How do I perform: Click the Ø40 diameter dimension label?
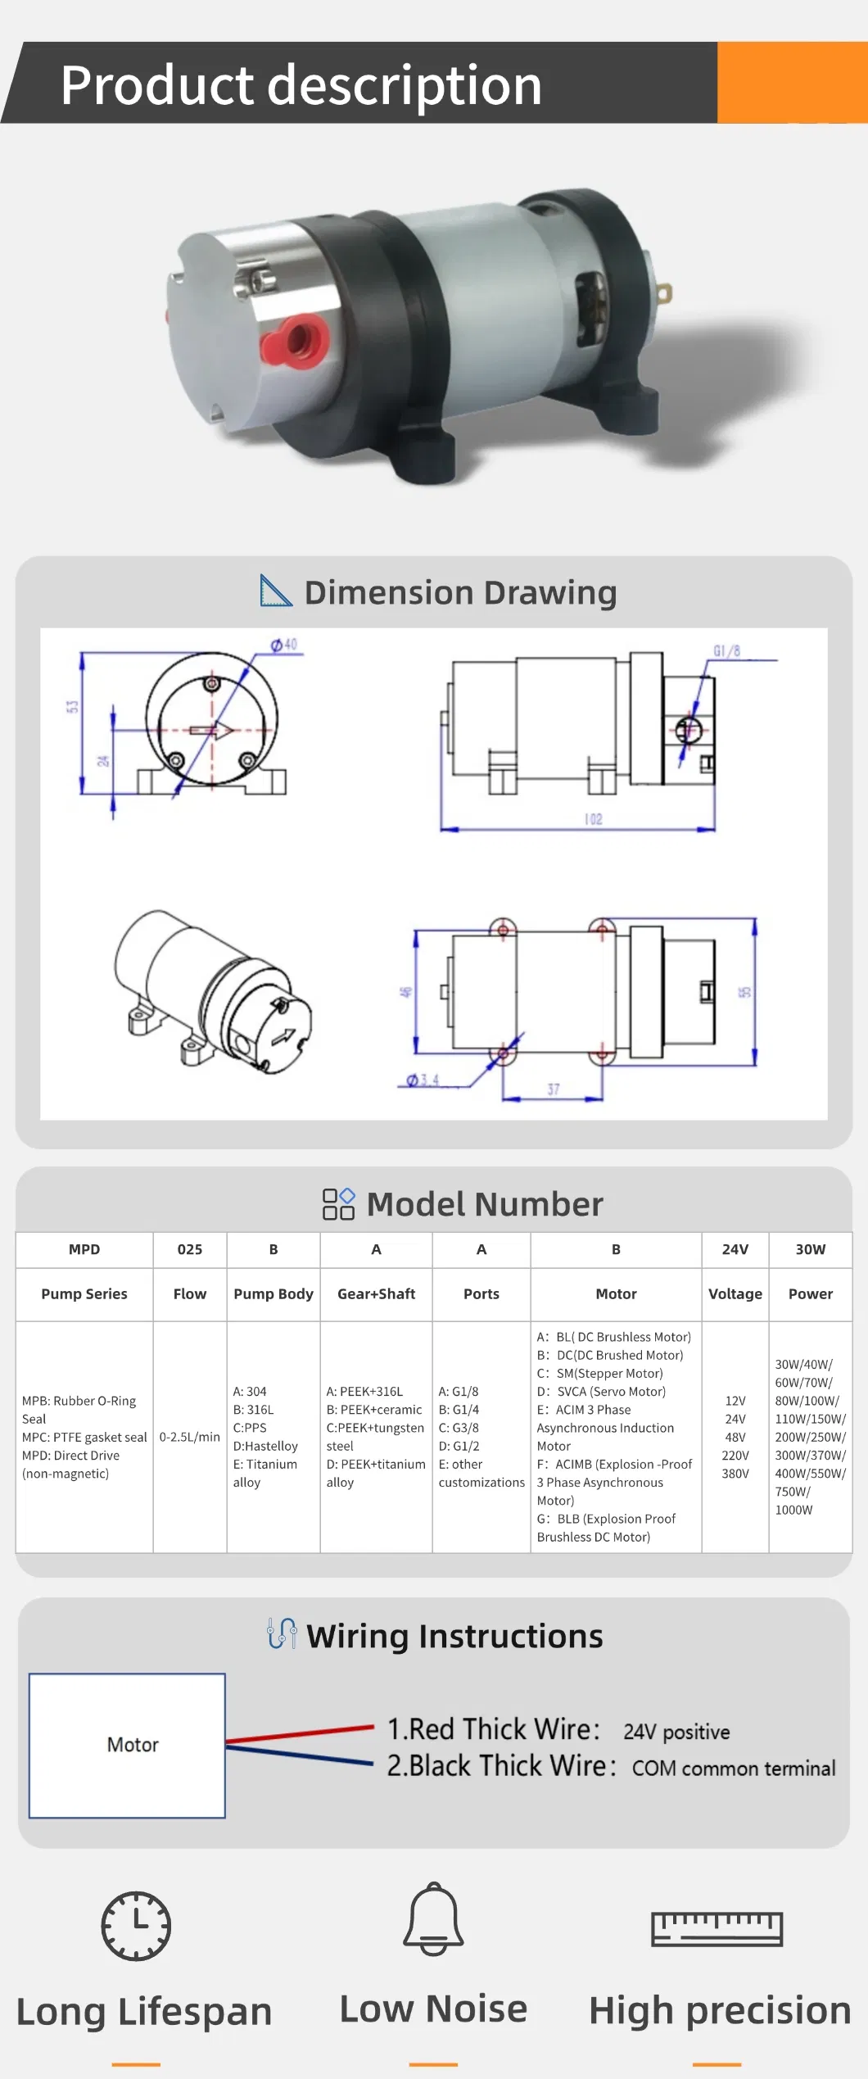coord(285,645)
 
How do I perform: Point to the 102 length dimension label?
coord(594,819)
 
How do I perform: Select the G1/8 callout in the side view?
coord(726,651)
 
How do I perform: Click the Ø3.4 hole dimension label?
coord(423,1080)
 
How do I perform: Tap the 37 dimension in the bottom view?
coord(554,1089)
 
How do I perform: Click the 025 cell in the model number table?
coord(190,1249)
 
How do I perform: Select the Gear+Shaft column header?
coord(376,1293)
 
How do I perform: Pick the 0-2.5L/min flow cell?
coord(190,1437)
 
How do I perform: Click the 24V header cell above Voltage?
coord(735,1249)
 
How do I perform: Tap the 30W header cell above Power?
coord(810,1249)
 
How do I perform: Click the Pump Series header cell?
coord(84,1293)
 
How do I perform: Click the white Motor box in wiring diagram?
coord(128,1745)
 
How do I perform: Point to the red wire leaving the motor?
coord(300,1733)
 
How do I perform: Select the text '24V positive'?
coord(676,1732)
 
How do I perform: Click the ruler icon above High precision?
coord(717,1928)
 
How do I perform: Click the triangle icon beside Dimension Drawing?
coord(274,591)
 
